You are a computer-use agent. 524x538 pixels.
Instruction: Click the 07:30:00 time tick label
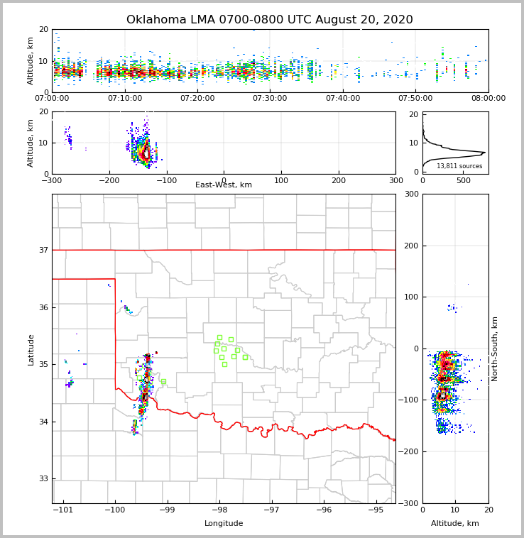pyautogui.click(x=270, y=98)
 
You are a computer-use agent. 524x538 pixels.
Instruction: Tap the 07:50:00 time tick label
pyautogui.click(x=415, y=98)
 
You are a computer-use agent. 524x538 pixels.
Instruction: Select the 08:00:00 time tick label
pyautogui.click(x=488, y=98)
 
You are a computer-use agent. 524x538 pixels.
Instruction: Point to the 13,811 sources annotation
pyautogui.click(x=459, y=166)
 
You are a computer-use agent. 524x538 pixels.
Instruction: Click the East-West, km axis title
pyautogui.click(x=224, y=185)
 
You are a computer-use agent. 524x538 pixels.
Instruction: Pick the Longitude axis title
pyautogui.click(x=224, y=524)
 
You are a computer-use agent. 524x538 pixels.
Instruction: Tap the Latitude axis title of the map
pyautogui.click(x=31, y=349)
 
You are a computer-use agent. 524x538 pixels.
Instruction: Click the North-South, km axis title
pyautogui.click(x=495, y=348)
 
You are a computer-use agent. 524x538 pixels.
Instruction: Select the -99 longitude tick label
pyautogui.click(x=167, y=510)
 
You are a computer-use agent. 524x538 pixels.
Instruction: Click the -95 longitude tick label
pyautogui.click(x=376, y=510)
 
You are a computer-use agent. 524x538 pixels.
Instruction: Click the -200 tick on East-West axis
pyautogui.click(x=109, y=180)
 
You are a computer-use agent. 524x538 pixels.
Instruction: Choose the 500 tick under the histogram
pyautogui.click(x=463, y=180)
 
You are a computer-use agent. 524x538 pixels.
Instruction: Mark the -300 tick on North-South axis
pyautogui.click(x=411, y=503)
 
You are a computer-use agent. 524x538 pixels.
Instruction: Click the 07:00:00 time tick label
pyautogui.click(x=53, y=98)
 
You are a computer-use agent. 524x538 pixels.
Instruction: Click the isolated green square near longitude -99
pyautogui.click(x=163, y=381)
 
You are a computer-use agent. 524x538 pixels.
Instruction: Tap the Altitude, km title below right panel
pyautogui.click(x=455, y=524)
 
